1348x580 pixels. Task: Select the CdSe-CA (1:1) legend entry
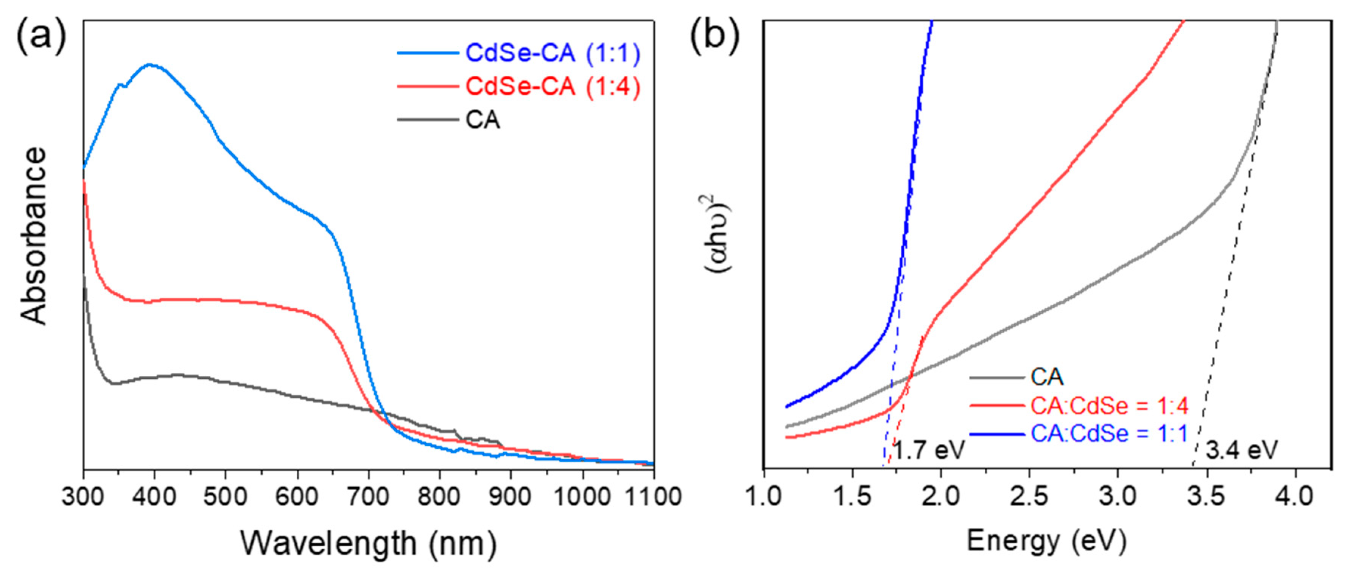click(552, 53)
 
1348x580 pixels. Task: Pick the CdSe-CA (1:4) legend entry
click(552, 86)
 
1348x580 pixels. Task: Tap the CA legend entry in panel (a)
click(483, 120)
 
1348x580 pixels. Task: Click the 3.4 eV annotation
click(1241, 450)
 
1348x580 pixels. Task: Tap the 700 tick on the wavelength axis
click(368, 496)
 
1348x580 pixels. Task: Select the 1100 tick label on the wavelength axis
click(653, 496)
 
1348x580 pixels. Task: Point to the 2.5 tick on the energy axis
click(1029, 496)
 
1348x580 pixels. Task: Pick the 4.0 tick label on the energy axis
click(1295, 496)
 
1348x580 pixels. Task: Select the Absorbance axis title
click(34, 235)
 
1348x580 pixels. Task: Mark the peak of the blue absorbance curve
click(151, 65)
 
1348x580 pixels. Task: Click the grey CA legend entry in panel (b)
click(1047, 377)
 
